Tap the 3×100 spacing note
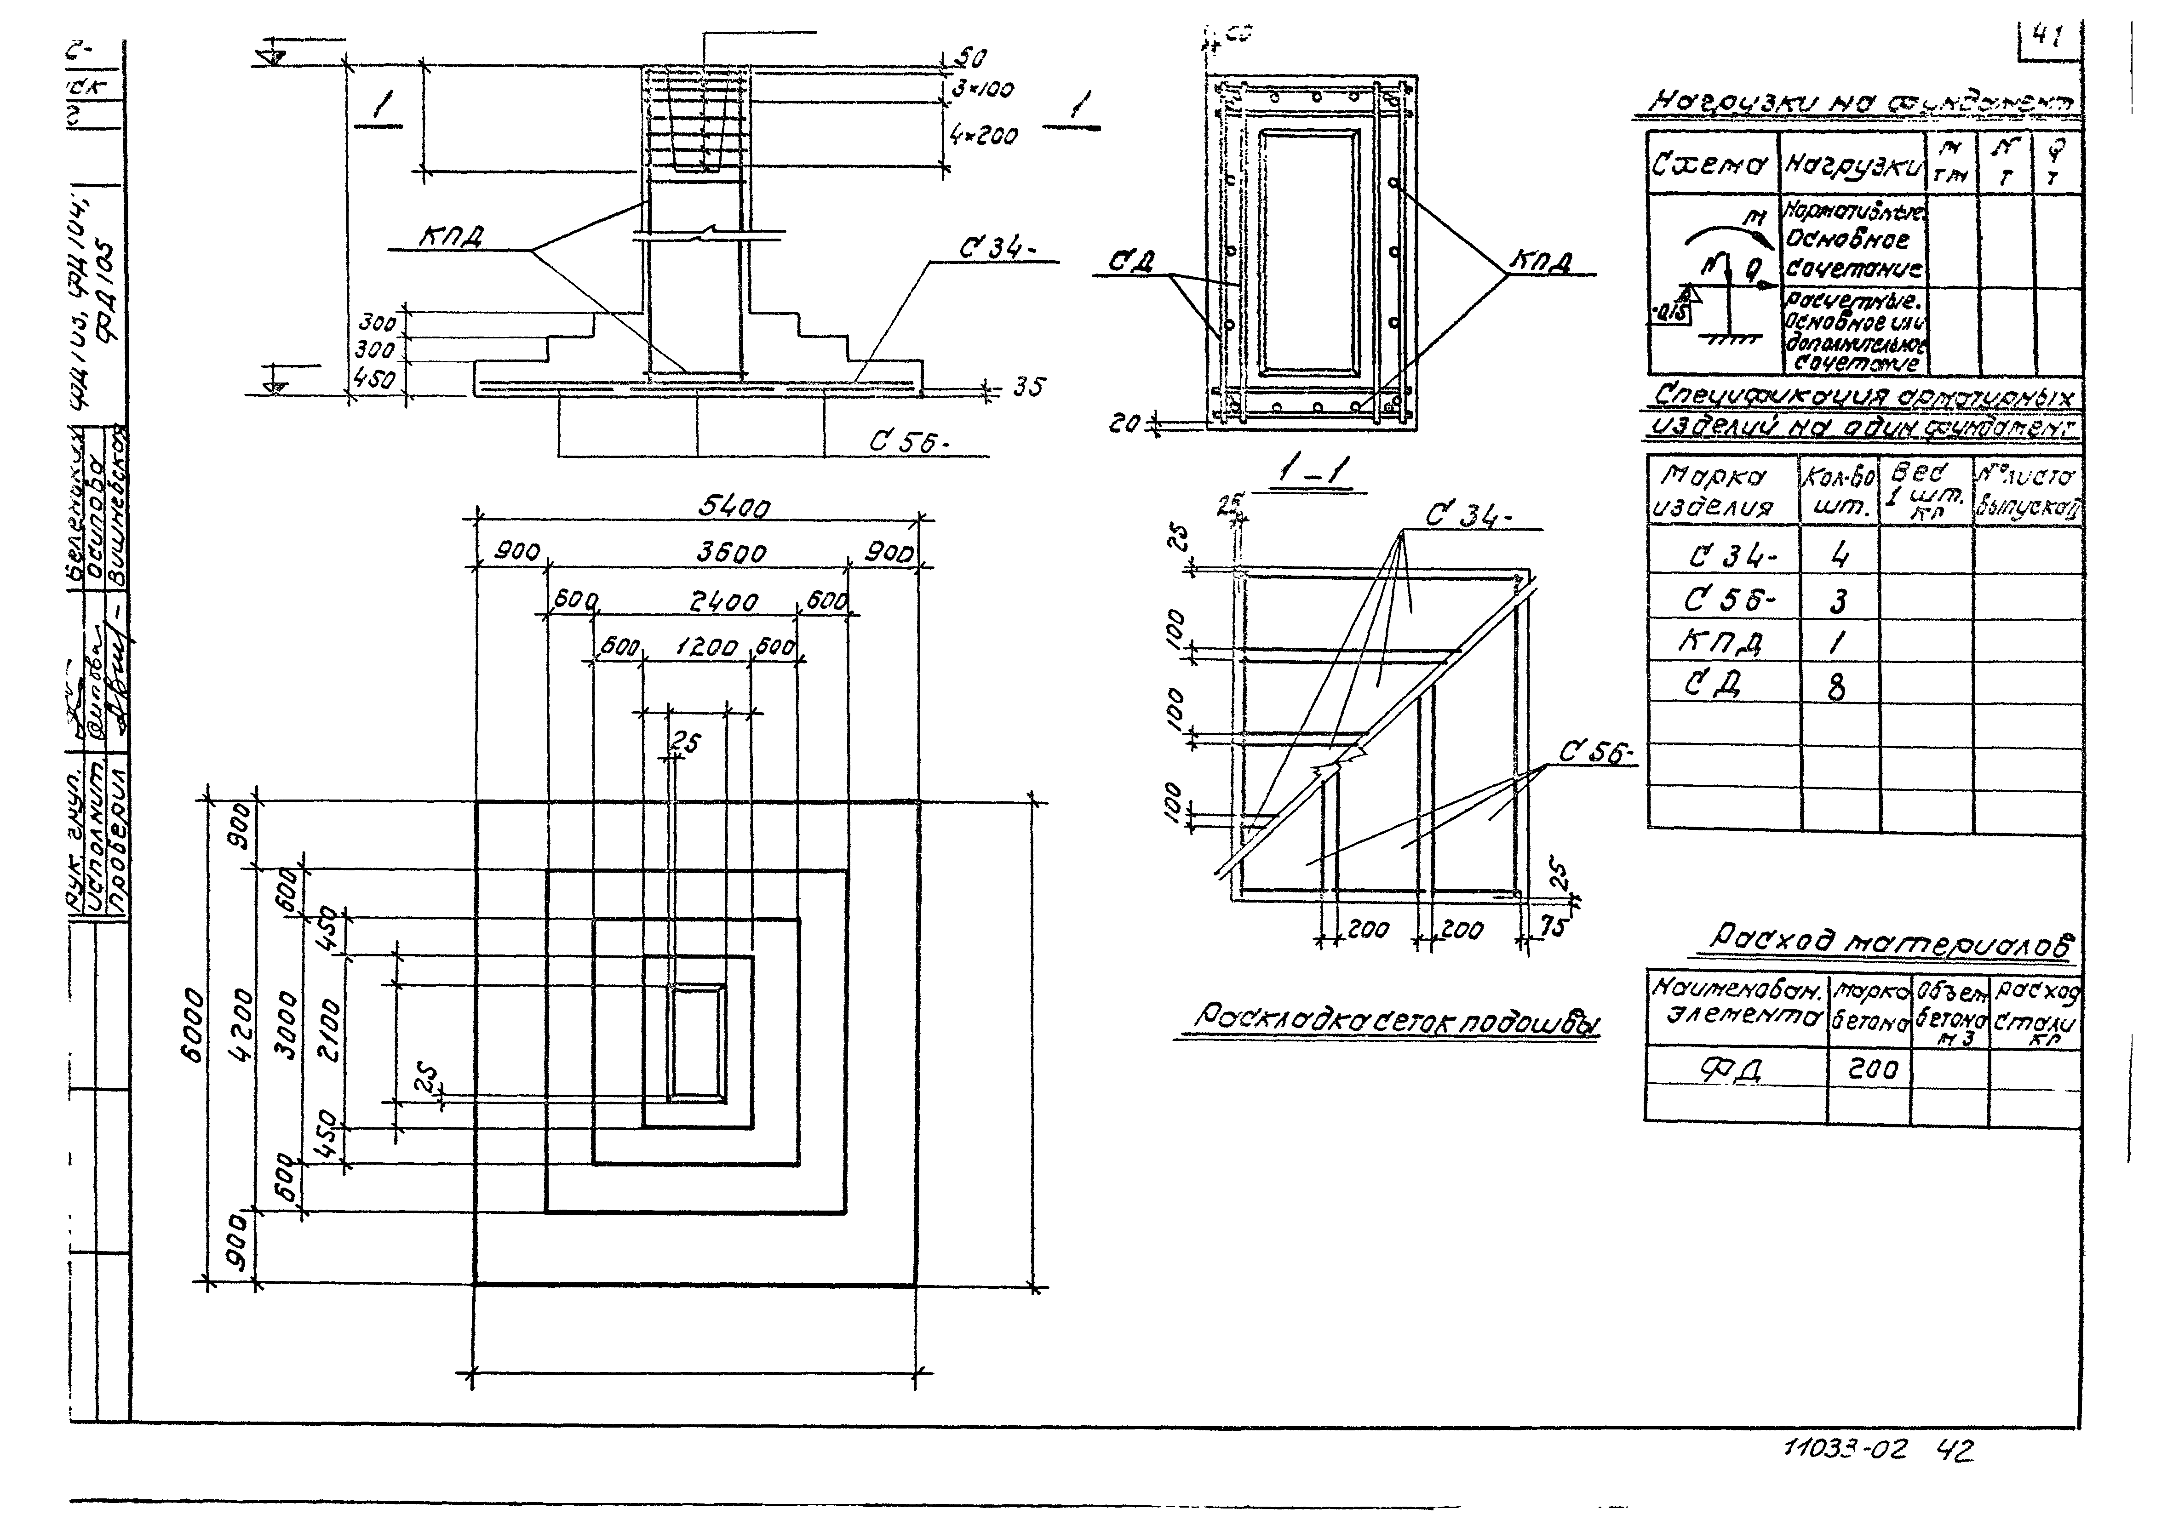pyautogui.click(x=982, y=90)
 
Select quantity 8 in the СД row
pyautogui.click(x=1836, y=685)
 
